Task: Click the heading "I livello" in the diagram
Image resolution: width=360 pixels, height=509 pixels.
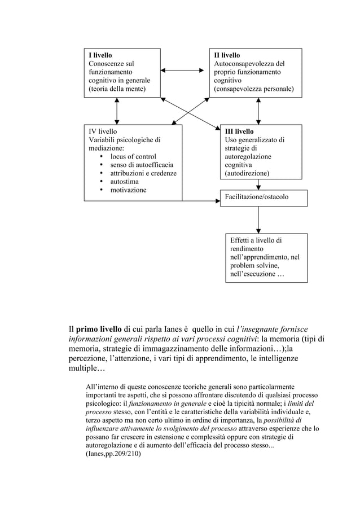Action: pos(99,55)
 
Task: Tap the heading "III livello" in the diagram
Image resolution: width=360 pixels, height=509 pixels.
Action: pos(239,131)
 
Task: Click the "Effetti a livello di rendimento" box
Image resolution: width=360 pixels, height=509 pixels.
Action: pos(266,257)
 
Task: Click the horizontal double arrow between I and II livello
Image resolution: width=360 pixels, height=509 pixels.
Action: pos(182,71)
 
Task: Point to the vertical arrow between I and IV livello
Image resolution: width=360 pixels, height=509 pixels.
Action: pos(116,110)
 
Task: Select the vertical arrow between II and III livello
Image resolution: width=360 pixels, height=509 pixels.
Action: pos(258,110)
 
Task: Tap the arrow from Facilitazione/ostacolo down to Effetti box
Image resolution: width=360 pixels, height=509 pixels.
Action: pos(258,219)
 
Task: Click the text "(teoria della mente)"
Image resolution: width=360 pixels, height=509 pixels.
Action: pos(116,89)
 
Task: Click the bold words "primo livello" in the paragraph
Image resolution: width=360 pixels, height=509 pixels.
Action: pos(99,330)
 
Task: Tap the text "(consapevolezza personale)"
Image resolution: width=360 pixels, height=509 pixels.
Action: pos(253,89)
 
